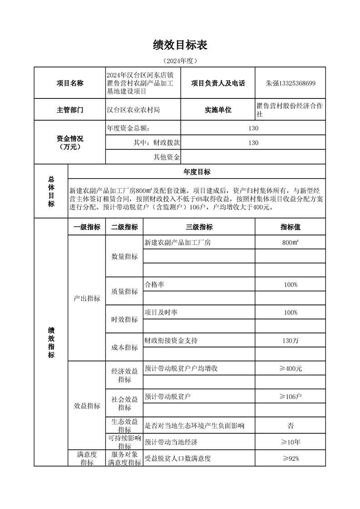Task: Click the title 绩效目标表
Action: click(180, 45)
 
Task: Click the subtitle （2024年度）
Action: click(180, 60)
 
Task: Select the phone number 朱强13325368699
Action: click(291, 83)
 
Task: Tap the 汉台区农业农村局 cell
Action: click(133, 110)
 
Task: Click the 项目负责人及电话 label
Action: click(218, 83)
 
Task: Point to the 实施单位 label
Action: click(218, 110)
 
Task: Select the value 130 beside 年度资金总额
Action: click(253, 128)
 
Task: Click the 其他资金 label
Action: click(167, 157)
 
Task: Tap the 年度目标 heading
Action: click(197, 171)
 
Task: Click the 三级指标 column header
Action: click(199, 227)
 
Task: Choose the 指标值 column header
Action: click(291, 227)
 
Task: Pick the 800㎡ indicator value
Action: click(291, 243)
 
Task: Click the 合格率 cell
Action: click(154, 284)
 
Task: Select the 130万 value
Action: click(291, 340)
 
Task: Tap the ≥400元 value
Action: click(291, 368)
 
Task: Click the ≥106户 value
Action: click(291, 396)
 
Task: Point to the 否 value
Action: click(291, 426)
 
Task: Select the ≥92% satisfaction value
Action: click(291, 458)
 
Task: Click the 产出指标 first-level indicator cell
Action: click(87, 299)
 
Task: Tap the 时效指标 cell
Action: click(124, 319)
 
